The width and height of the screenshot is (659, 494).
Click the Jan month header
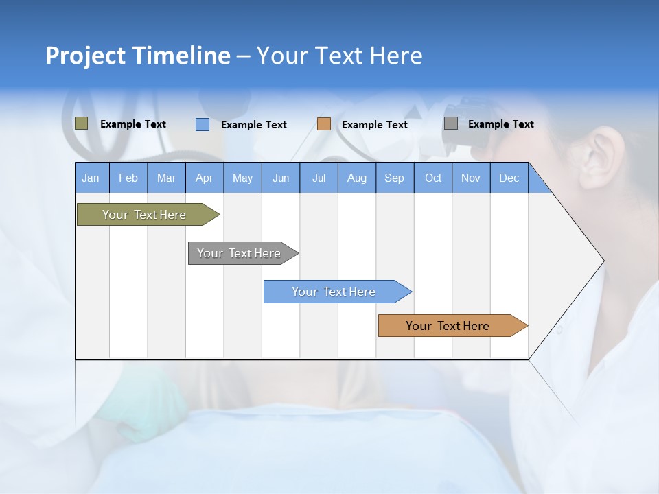pos(91,178)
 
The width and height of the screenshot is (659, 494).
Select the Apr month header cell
pos(205,178)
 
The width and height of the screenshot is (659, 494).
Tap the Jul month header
pos(319,178)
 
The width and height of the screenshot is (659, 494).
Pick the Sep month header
pos(395,178)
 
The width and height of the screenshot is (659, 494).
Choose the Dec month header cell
pos(509,178)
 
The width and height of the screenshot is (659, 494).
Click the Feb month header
pos(128,178)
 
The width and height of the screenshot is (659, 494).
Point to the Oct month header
pos(433,178)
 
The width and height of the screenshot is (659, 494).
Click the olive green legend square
pos(81,123)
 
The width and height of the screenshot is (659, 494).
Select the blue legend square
pos(202,124)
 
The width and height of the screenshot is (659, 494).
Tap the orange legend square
pos(323,124)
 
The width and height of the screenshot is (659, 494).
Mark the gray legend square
pos(450,123)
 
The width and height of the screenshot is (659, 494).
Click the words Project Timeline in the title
pos(137,56)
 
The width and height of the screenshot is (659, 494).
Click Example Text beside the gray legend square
pos(500,124)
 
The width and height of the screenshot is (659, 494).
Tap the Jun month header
pos(281,178)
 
